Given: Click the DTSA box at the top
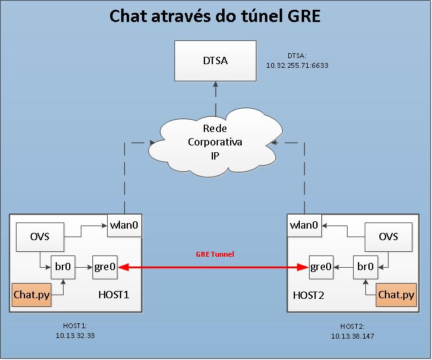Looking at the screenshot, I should pyautogui.click(x=214, y=61).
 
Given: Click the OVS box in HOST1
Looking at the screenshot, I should pyautogui.click(x=40, y=237).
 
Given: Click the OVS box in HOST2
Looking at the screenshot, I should pyautogui.click(x=388, y=237).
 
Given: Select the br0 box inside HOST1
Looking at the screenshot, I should pyautogui.click(x=62, y=267).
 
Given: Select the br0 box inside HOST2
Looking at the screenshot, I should pyautogui.click(x=366, y=267).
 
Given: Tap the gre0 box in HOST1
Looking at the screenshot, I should pyautogui.click(x=104, y=267).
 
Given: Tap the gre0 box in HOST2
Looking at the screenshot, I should pyautogui.click(x=322, y=267).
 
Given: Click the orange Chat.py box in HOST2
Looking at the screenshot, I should pyautogui.click(x=396, y=295).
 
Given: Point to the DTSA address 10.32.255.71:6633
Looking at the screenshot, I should pyautogui.click(x=297, y=64).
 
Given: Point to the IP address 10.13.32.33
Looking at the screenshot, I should pyautogui.click(x=75, y=336).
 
